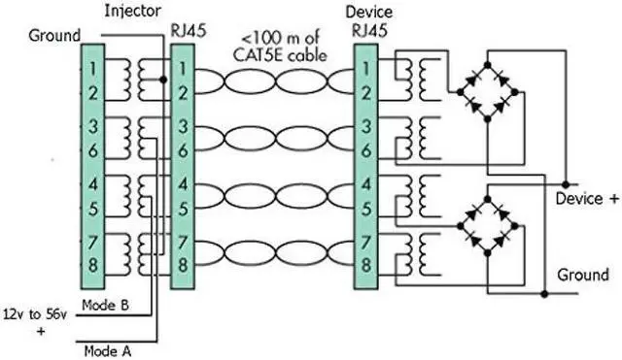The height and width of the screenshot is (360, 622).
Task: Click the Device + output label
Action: coord(586,199)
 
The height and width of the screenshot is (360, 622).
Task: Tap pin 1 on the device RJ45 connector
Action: coord(363,71)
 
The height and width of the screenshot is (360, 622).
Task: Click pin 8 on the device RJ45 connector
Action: coord(363,263)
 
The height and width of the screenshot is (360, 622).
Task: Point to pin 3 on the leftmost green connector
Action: coord(90,126)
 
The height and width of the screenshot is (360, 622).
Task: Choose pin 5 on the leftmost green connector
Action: coord(90,206)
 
